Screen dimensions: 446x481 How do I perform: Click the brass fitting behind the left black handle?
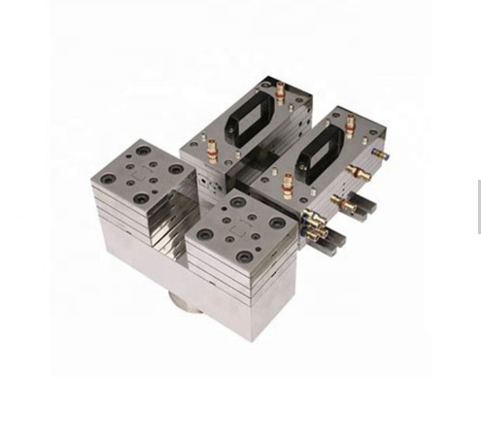[x=281, y=92]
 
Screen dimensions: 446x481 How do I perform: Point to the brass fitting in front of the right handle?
[x=288, y=183]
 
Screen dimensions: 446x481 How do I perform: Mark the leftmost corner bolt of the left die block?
[x=105, y=177]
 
